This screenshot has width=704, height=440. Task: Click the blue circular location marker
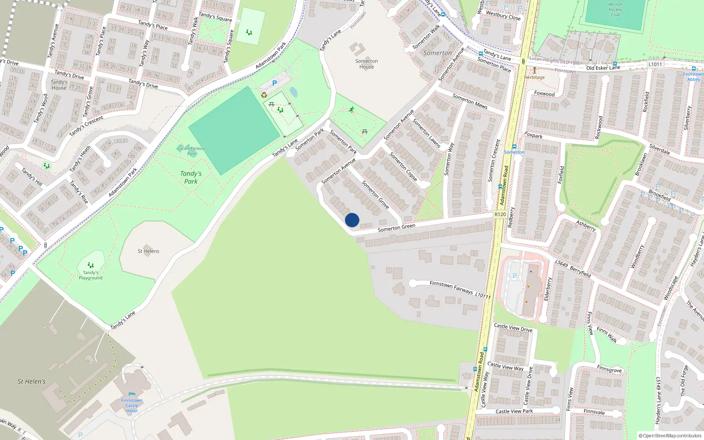pos(352,220)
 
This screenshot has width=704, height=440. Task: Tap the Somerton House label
pos(367,64)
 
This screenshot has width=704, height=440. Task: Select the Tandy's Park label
pos(191,177)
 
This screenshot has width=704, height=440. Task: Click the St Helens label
pos(148,251)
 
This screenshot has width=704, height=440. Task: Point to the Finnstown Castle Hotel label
pos(132,405)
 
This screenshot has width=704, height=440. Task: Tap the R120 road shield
pos(500,214)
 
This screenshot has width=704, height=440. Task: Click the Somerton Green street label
pos(396,227)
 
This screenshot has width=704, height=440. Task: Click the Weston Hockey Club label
pos(615,10)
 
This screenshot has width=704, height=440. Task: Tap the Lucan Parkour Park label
pos(191,151)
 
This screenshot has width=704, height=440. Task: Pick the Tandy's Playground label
pos(91,275)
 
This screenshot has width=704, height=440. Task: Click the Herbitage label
pos(534,77)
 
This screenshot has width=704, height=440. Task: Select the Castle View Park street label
pos(514,411)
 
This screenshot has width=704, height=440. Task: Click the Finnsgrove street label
pos(609,369)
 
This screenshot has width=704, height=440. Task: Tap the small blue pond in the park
pos(293,92)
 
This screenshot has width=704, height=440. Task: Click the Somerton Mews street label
pos(470,101)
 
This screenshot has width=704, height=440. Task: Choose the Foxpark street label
pos(533,136)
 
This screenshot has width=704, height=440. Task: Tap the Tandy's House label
pos(59,84)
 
